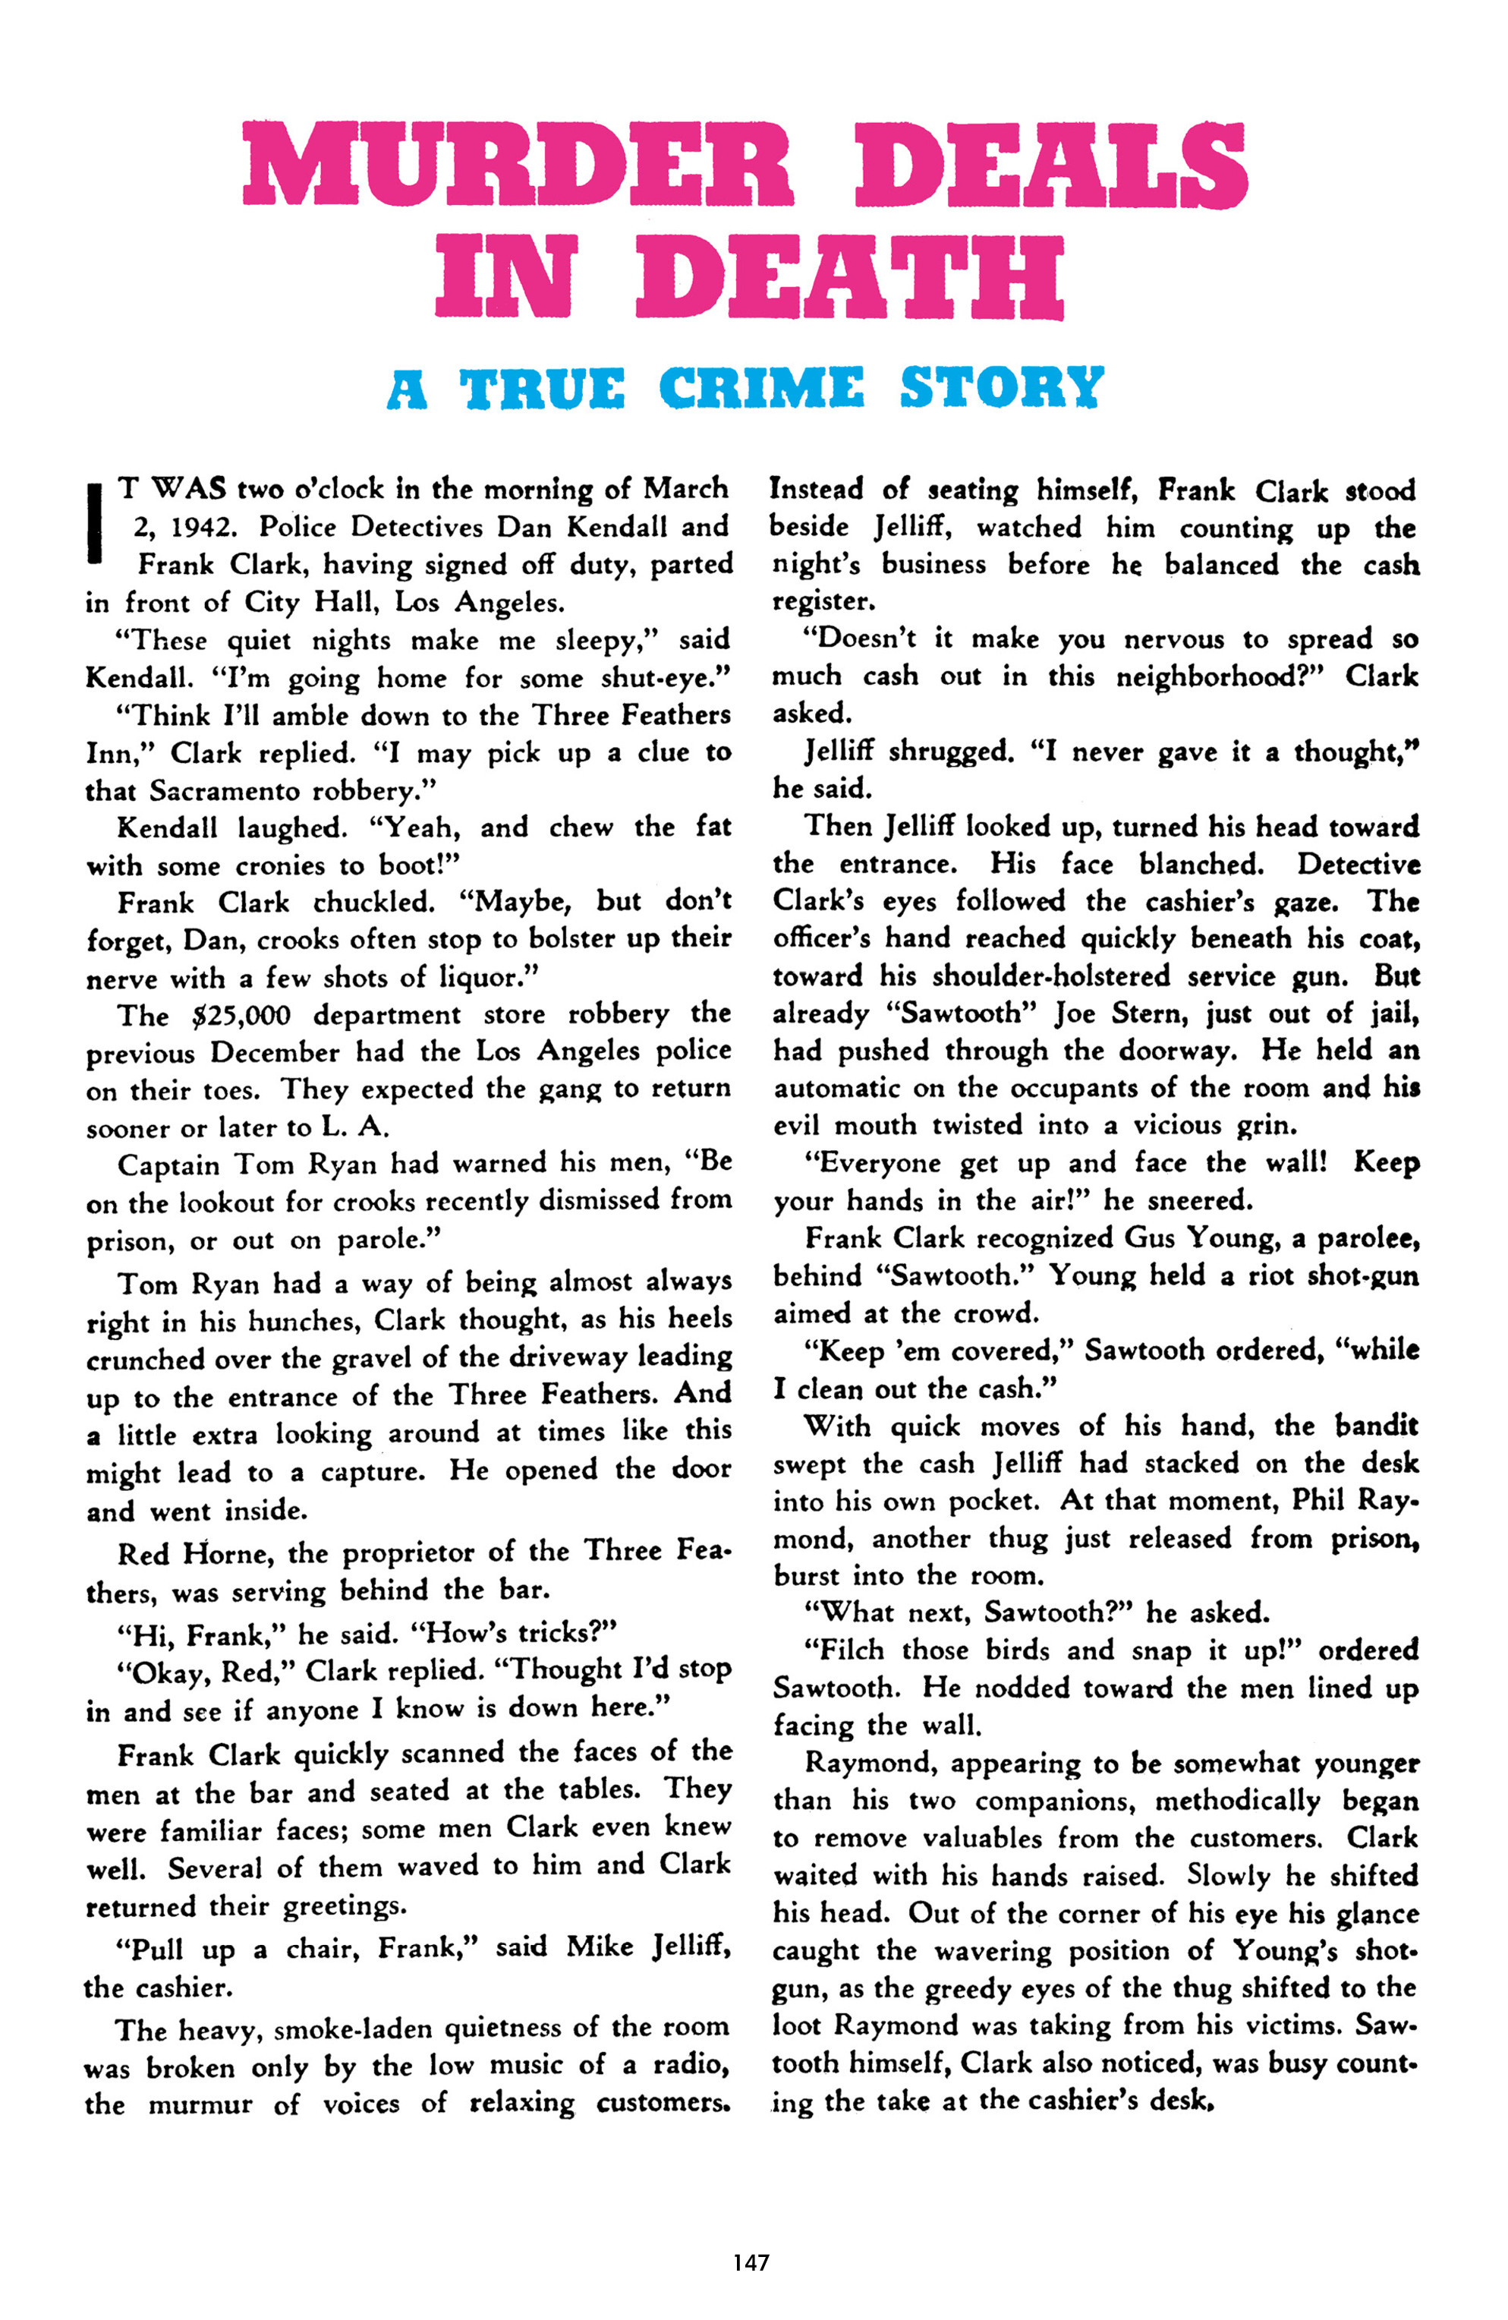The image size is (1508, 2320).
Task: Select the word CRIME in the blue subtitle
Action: click(x=760, y=388)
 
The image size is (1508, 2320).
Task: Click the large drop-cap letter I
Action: click(x=96, y=524)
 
